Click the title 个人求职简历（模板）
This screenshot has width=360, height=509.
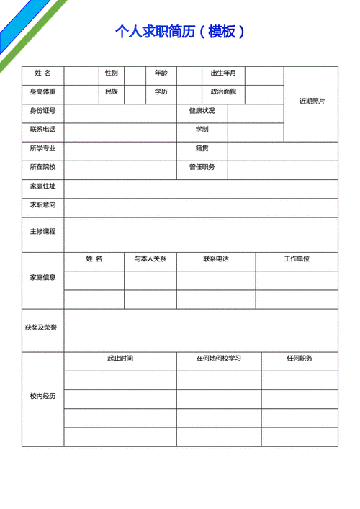(180, 31)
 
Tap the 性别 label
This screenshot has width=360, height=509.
(111, 73)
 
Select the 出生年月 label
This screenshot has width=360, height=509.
(222, 73)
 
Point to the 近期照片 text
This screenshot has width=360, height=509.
(312, 101)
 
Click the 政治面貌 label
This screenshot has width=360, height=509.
(222, 91)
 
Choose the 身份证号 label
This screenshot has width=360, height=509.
(42, 111)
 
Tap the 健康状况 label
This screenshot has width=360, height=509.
(202, 111)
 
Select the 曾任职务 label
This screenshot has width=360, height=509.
(202, 167)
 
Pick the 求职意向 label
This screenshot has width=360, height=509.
(42, 205)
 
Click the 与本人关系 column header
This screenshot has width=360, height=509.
(150, 258)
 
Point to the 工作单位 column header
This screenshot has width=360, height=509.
(296, 258)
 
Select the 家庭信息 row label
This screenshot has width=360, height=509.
(42, 277)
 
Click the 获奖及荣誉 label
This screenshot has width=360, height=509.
(42, 328)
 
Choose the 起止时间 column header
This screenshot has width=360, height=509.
(120, 358)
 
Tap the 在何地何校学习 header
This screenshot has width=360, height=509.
(219, 358)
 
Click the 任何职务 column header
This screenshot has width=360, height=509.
(299, 358)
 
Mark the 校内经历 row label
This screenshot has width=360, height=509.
(42, 397)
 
